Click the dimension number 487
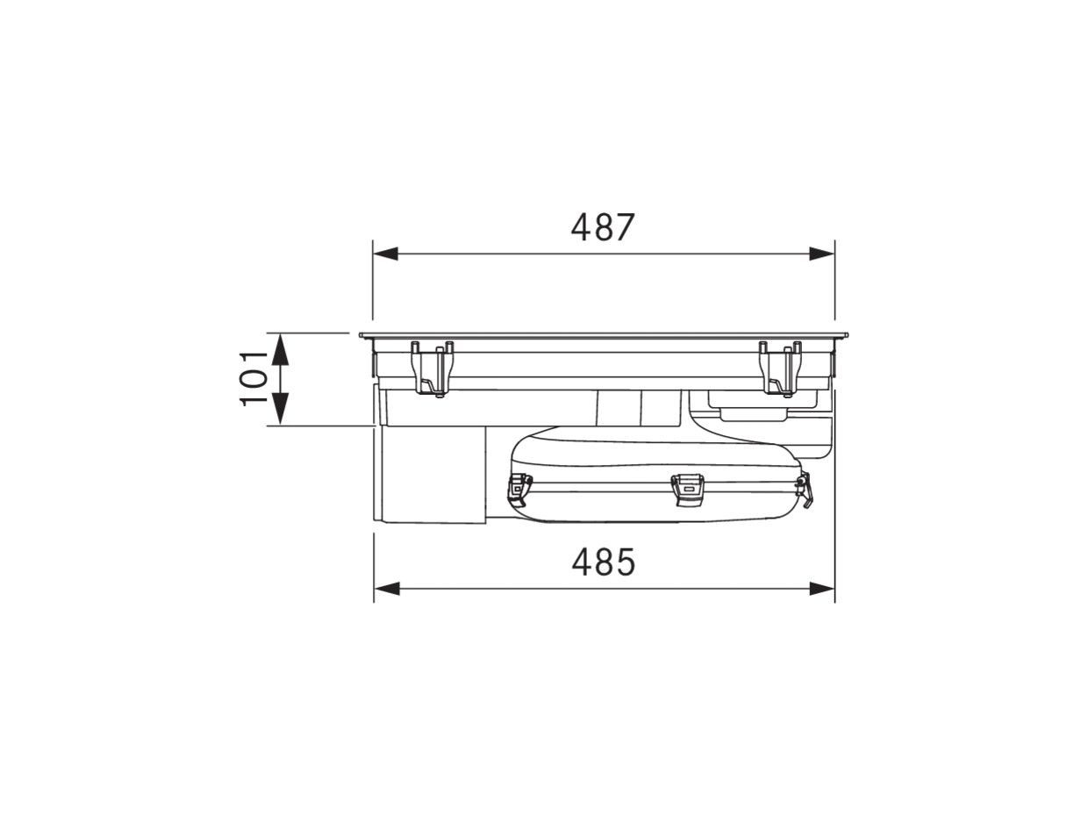tap(602, 227)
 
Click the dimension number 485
tap(603, 562)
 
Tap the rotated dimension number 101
tap(254, 378)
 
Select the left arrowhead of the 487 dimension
tap(386, 254)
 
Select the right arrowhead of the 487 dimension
tap(822, 254)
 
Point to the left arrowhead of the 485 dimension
tap(387, 589)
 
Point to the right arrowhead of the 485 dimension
tap(822, 589)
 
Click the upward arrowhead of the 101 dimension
tap(280, 348)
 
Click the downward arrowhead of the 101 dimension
tap(281, 409)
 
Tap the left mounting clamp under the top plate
tap(433, 369)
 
